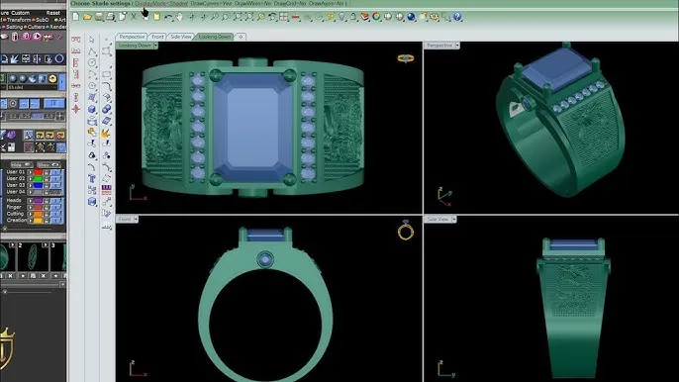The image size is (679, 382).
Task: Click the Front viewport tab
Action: click(x=158, y=37)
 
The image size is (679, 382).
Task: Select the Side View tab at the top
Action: click(x=181, y=37)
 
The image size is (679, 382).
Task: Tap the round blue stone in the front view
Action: click(x=267, y=260)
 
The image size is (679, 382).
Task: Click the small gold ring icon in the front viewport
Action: click(x=405, y=232)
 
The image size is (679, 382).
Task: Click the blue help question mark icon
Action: click(x=457, y=17)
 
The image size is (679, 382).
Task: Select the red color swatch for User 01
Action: click(x=36, y=172)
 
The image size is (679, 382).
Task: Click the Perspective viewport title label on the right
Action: click(x=438, y=46)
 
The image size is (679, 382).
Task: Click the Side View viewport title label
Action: click(x=437, y=219)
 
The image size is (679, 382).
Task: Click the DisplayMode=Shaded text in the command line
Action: click(x=160, y=5)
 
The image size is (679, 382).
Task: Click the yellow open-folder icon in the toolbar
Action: click(x=88, y=17)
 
